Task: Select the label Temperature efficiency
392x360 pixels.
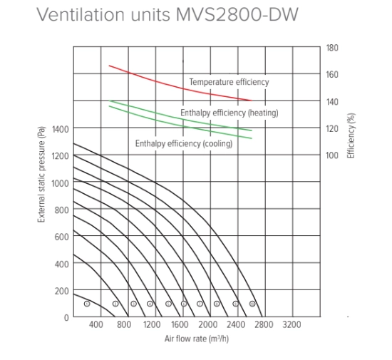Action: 229,82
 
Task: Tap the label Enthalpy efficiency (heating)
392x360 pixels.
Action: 229,113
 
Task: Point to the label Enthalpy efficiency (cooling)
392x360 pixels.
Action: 183,144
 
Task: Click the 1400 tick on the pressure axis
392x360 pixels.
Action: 60,129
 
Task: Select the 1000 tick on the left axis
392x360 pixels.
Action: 60,183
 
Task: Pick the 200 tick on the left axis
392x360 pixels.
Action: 62,291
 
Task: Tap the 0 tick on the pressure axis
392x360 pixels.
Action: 66,317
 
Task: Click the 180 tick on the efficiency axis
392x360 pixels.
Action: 332,48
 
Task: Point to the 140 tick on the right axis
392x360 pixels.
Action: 332,102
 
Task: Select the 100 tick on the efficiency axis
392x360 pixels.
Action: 332,155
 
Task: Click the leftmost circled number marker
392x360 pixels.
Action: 86,304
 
